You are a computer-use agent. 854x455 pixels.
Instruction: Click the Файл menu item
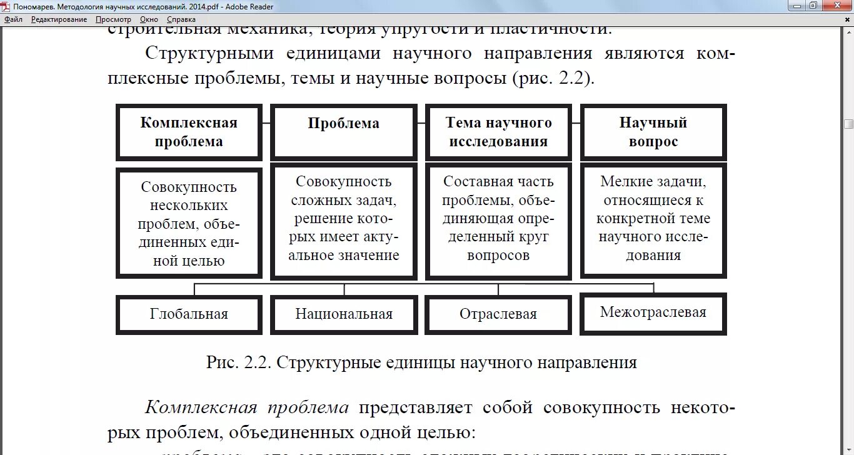[13, 19]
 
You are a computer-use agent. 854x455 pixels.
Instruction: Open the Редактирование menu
[59, 19]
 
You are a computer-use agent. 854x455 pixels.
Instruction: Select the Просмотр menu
[113, 19]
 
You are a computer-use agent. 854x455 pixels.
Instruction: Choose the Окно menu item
[149, 19]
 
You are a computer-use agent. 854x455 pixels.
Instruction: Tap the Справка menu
[181, 19]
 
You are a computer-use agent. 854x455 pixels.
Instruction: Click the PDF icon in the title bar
[6, 7]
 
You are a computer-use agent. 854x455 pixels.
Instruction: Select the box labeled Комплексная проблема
[189, 132]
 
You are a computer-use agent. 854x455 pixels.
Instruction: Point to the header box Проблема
[343, 132]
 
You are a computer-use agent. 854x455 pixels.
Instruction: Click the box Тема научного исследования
[498, 132]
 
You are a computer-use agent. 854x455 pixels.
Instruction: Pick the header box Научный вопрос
[653, 132]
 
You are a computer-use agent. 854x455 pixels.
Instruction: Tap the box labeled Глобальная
[189, 314]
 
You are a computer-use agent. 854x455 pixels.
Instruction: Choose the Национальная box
[344, 314]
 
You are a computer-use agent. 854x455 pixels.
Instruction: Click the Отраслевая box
[498, 314]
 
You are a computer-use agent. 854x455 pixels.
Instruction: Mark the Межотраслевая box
[653, 312]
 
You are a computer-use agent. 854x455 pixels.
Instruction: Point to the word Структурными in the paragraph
[209, 54]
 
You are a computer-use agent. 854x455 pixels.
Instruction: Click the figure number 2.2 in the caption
[257, 363]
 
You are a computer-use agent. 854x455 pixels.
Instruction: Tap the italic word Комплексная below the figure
[201, 408]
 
